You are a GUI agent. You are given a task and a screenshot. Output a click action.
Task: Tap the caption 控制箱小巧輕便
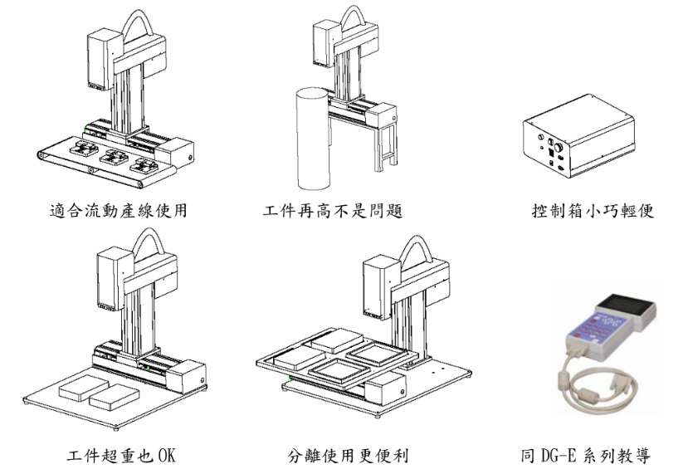[x=593, y=211]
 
